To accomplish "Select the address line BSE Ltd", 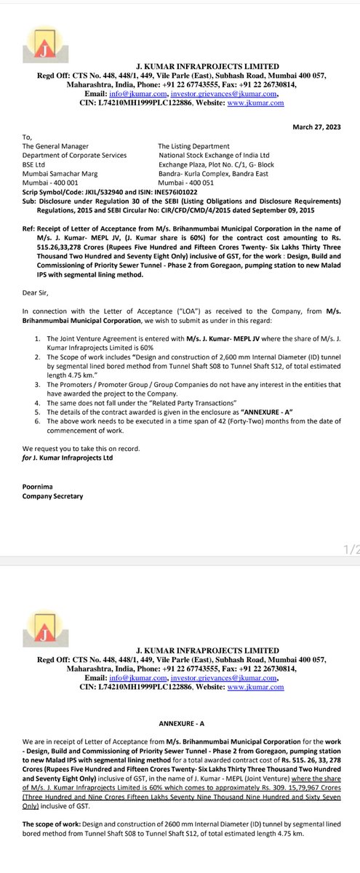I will coord(36,164).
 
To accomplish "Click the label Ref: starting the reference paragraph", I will coord(28,228).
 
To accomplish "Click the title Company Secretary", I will coord(52,496).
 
